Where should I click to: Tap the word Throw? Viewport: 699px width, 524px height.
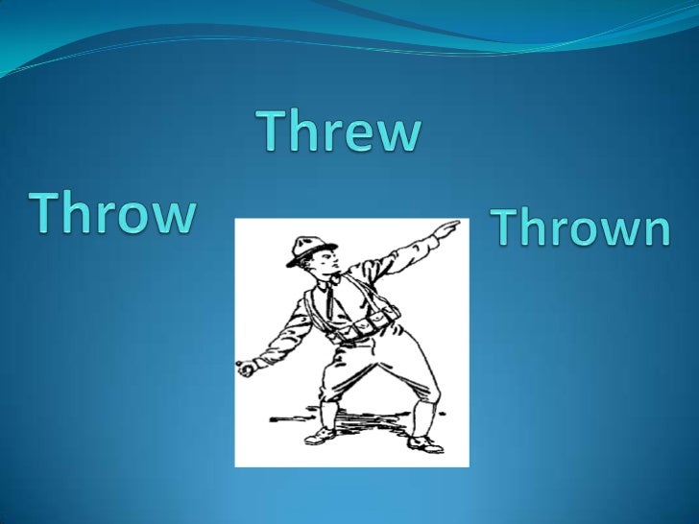pos(112,212)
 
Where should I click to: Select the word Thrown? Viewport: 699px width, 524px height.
pos(580,228)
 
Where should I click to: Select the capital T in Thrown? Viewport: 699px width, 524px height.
pos(507,226)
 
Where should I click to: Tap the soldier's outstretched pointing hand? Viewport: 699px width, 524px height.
pos(446,228)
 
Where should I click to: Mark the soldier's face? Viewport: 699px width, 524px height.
pos(321,263)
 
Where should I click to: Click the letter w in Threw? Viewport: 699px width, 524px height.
pos(400,136)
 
